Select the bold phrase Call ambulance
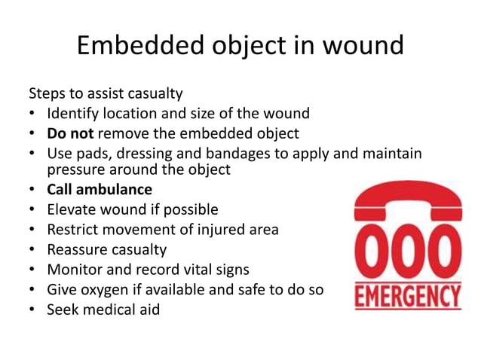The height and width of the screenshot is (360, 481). [100, 190]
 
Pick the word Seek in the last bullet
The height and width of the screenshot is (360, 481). [63, 309]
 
